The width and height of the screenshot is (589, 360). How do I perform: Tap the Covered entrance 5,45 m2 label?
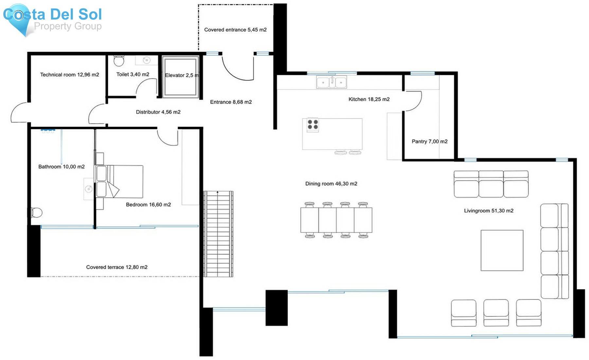tap(235, 30)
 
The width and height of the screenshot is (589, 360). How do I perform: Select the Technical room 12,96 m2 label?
tap(69, 75)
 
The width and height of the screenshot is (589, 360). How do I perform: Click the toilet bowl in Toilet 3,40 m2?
tap(119, 61)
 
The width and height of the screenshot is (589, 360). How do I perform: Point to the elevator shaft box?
tap(181, 78)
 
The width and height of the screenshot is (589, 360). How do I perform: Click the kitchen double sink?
tap(331, 82)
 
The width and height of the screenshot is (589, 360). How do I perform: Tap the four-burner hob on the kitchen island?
tap(312, 125)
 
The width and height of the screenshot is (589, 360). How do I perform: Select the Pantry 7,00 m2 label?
tap(429, 141)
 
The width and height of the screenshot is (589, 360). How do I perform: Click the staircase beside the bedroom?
tap(218, 234)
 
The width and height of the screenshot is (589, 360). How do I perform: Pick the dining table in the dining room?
tap(336, 220)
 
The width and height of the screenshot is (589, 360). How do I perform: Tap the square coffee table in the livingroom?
tap(502, 250)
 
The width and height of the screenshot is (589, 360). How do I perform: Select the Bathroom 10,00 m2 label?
tap(62, 167)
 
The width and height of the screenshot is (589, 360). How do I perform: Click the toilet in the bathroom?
tap(37, 212)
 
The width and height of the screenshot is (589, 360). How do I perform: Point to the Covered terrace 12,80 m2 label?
tap(117, 267)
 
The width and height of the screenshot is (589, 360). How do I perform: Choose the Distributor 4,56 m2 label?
tap(158, 112)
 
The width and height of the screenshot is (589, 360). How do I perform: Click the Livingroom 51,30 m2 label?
tap(489, 211)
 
